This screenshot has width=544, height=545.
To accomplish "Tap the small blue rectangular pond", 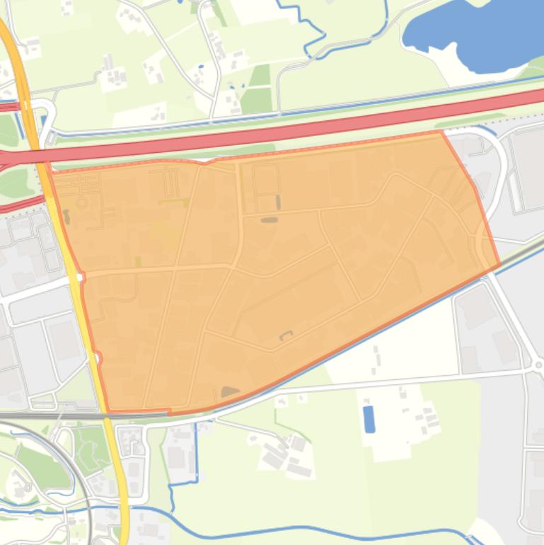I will (x=369, y=419).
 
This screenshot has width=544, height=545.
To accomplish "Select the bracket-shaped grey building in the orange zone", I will (x=286, y=335).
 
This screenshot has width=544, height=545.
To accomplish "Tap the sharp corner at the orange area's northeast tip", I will (x=441, y=132).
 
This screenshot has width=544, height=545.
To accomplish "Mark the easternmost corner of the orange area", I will (x=499, y=265).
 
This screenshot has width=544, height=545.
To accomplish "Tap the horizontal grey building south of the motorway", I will (x=270, y=220).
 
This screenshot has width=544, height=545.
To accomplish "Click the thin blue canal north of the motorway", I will (x=283, y=112).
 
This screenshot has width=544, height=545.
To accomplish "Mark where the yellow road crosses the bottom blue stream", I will (x=125, y=508).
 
